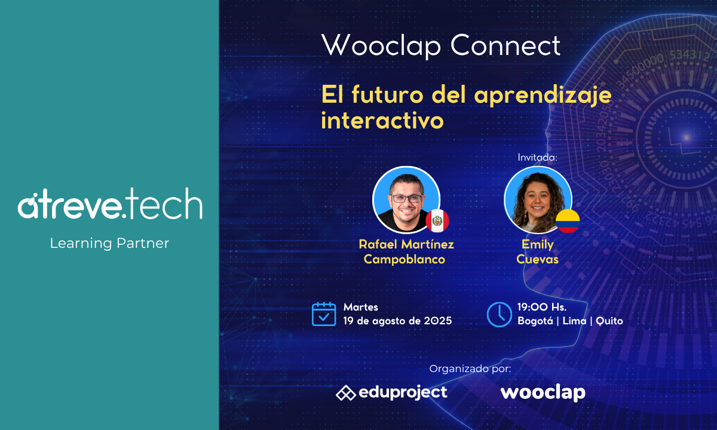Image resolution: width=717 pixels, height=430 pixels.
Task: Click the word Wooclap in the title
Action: pos(381,46)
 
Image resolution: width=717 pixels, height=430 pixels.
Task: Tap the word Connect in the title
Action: pos(505,45)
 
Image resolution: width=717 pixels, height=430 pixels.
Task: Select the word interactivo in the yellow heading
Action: pos(382,120)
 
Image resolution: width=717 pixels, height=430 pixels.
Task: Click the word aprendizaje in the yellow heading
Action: pos(543,95)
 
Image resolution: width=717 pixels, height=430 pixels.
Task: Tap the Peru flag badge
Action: pos(437,221)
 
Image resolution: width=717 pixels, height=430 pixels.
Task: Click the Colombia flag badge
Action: pos(568,221)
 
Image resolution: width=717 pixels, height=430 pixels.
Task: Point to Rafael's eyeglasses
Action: pos(406,199)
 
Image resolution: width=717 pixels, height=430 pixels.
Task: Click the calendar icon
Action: pos(324,314)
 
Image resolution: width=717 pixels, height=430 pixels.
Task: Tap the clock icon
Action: pos(499,315)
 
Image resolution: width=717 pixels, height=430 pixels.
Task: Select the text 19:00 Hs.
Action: pos(542,307)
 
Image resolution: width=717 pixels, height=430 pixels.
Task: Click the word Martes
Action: pos(360,307)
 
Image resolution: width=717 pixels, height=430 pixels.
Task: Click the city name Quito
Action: pos(609,321)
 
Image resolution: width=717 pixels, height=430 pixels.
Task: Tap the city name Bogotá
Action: pos(535,321)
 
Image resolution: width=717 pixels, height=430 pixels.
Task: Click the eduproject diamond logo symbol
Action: pos(346,393)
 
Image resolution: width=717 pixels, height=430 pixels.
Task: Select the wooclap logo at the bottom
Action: pos(543,392)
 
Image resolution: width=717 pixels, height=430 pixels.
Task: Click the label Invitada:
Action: pos(537,158)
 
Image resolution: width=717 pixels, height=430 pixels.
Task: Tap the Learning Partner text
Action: pos(109,244)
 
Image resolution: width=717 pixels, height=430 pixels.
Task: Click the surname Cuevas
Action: pos(537,259)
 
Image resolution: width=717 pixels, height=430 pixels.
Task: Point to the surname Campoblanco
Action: pos(405,259)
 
